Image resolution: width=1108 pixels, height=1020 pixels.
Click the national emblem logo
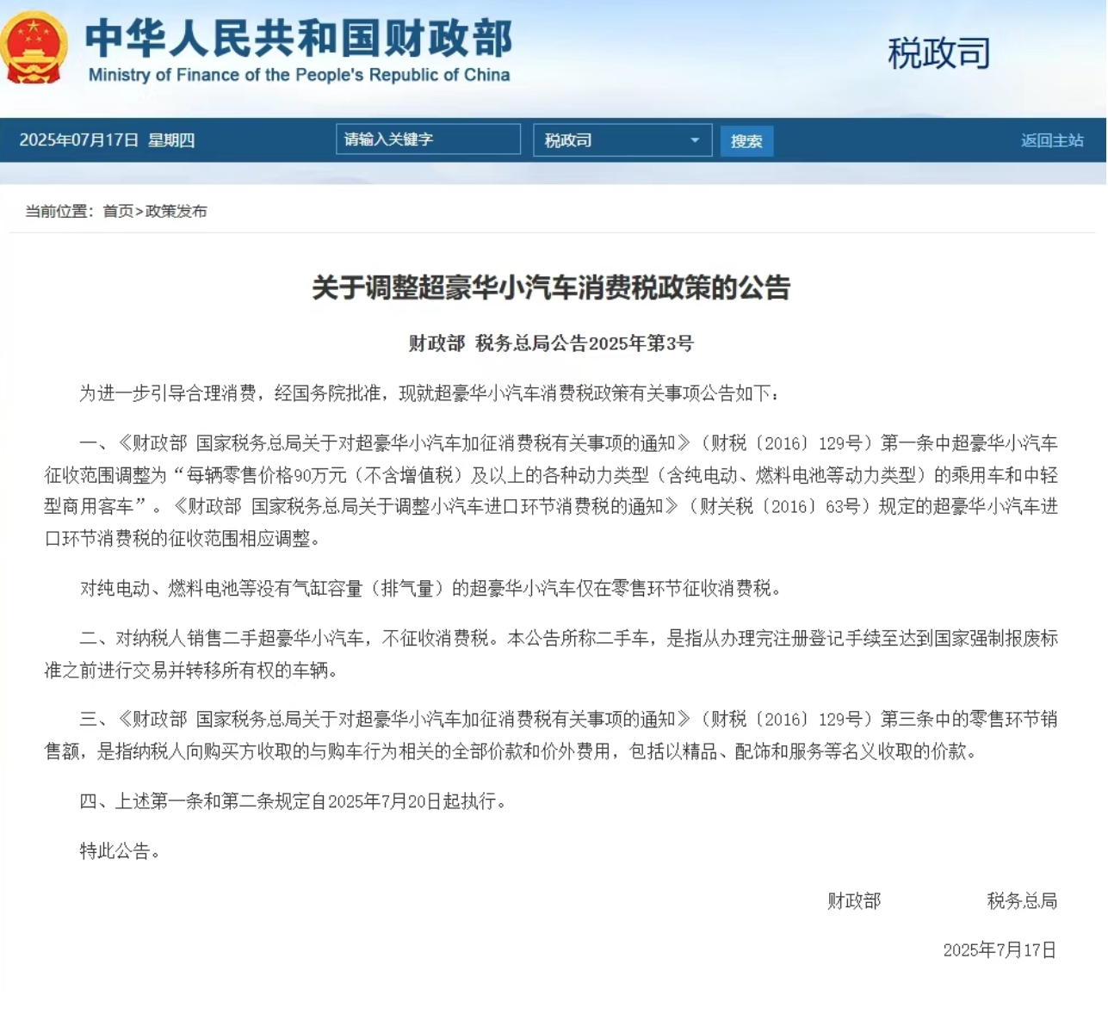coord(34,47)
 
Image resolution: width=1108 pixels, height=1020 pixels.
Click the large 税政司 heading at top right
coord(938,53)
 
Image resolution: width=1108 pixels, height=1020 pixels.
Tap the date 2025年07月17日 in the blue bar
coord(79,140)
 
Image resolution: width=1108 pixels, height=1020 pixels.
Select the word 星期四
coord(171,140)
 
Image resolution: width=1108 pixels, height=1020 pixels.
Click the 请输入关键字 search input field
coord(427,139)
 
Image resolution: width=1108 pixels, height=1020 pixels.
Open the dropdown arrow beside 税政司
coord(694,140)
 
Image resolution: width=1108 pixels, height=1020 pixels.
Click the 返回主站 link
coord(1051,140)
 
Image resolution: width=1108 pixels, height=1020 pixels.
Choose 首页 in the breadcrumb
coord(118,211)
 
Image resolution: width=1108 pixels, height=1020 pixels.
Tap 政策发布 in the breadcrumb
coord(176,211)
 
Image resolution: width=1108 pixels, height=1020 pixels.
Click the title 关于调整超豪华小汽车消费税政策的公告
coord(551,287)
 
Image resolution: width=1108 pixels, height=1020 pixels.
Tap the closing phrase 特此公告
coord(115,851)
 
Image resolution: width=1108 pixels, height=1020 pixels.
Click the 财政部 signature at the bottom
coord(854,901)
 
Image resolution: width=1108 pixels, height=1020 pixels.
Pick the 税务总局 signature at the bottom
coord(1022,901)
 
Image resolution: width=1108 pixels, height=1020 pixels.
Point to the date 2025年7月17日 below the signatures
coord(1000,950)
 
